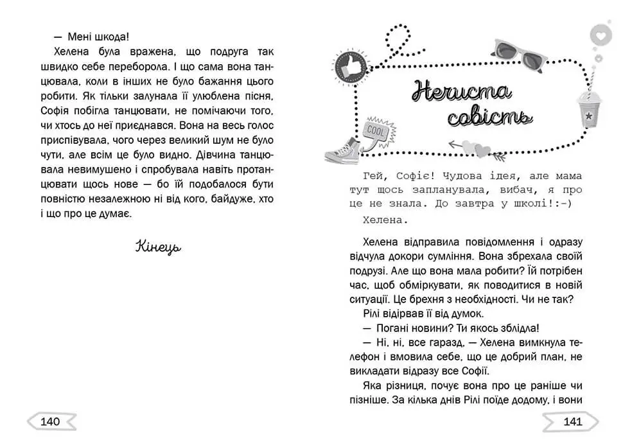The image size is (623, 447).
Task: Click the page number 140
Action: (50, 422)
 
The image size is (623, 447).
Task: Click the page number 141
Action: (572, 422)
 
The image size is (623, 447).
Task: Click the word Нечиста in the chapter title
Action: (462, 92)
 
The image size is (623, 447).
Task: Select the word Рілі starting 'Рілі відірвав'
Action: (365, 313)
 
